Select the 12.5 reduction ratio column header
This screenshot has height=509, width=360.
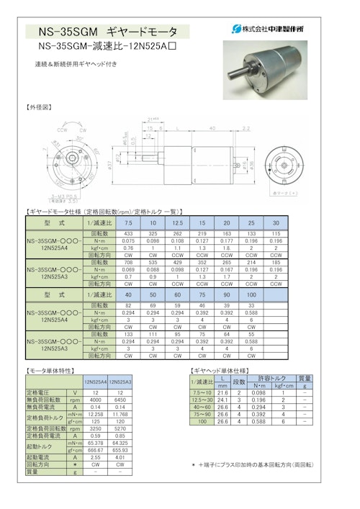coord(178,223)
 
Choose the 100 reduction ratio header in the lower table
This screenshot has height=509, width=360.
coord(251,294)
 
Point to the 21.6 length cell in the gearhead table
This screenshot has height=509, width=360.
coord(222,393)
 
